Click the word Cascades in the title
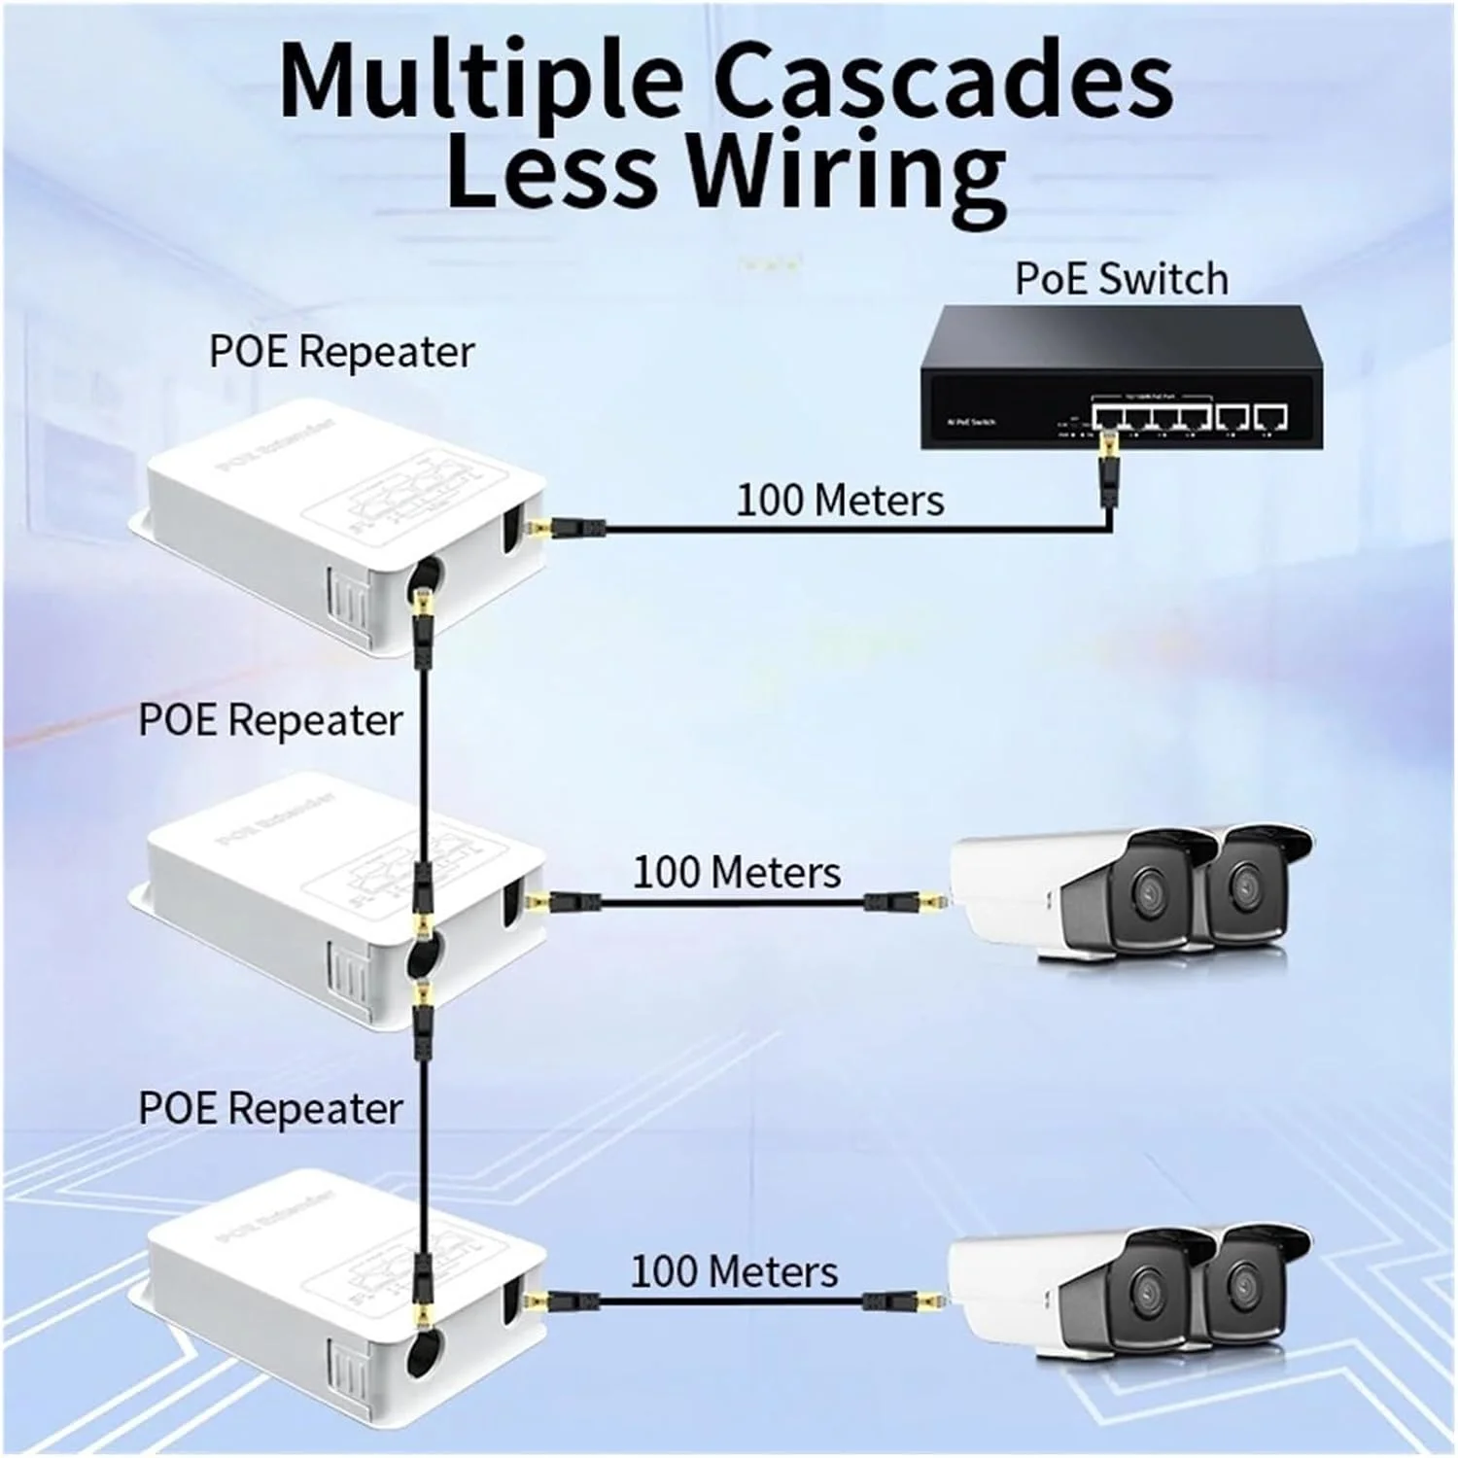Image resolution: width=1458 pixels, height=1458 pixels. click(943, 83)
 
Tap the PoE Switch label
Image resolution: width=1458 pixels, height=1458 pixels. click(1121, 279)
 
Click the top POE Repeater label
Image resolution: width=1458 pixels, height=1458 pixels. click(341, 352)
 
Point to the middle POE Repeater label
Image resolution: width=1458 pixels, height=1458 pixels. click(270, 720)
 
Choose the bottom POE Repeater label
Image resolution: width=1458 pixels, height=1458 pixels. click(270, 1108)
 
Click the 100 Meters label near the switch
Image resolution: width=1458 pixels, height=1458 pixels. click(840, 501)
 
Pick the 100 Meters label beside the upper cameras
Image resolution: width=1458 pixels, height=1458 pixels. click(737, 872)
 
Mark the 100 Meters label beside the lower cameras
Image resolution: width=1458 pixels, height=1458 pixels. click(734, 1271)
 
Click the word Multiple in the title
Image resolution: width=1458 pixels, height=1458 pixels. click(481, 83)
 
